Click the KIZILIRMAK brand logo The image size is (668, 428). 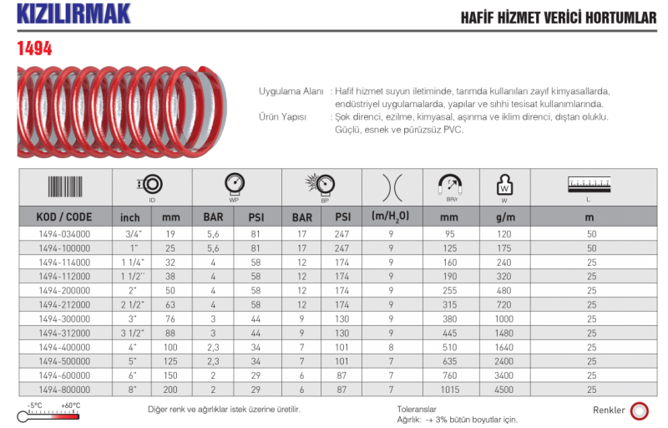(73, 13)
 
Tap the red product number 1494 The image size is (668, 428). (34, 48)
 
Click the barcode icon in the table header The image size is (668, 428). (65, 186)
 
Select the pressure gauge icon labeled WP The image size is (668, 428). (235, 184)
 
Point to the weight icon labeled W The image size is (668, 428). (505, 185)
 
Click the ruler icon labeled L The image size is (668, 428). (590, 185)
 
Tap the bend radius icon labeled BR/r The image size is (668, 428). (450, 184)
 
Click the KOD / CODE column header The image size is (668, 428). (64, 217)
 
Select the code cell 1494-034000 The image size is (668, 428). (64, 234)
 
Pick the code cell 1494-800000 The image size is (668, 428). (64, 390)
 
